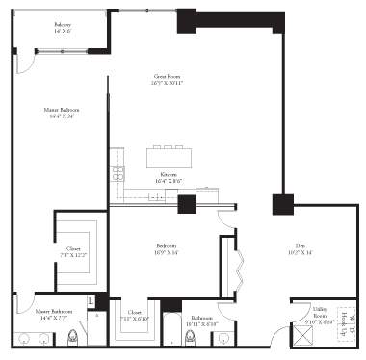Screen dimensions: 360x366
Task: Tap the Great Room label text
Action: (170, 79)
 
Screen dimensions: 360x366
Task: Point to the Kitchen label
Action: (168, 176)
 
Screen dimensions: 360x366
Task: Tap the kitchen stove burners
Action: (118, 173)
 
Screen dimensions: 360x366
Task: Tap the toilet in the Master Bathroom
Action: (74, 338)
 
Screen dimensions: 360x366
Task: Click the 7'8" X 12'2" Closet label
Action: (74, 252)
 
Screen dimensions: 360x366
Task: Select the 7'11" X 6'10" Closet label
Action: (135, 317)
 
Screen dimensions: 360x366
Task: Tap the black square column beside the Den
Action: (282, 205)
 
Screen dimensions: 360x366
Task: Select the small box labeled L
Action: (91, 301)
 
